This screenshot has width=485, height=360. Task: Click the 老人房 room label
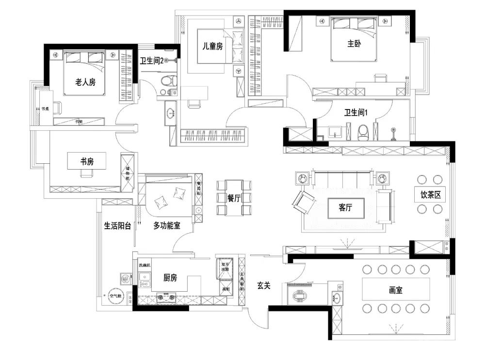coord(85,82)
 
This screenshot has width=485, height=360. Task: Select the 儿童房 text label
coord(212,47)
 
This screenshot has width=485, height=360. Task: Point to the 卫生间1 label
coord(356,112)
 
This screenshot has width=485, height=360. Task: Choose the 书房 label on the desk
coord(87,161)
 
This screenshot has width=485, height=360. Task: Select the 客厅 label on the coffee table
coord(345,207)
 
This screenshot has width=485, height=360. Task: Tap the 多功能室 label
coord(166,225)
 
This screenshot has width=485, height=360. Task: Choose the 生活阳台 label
coord(117,225)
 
